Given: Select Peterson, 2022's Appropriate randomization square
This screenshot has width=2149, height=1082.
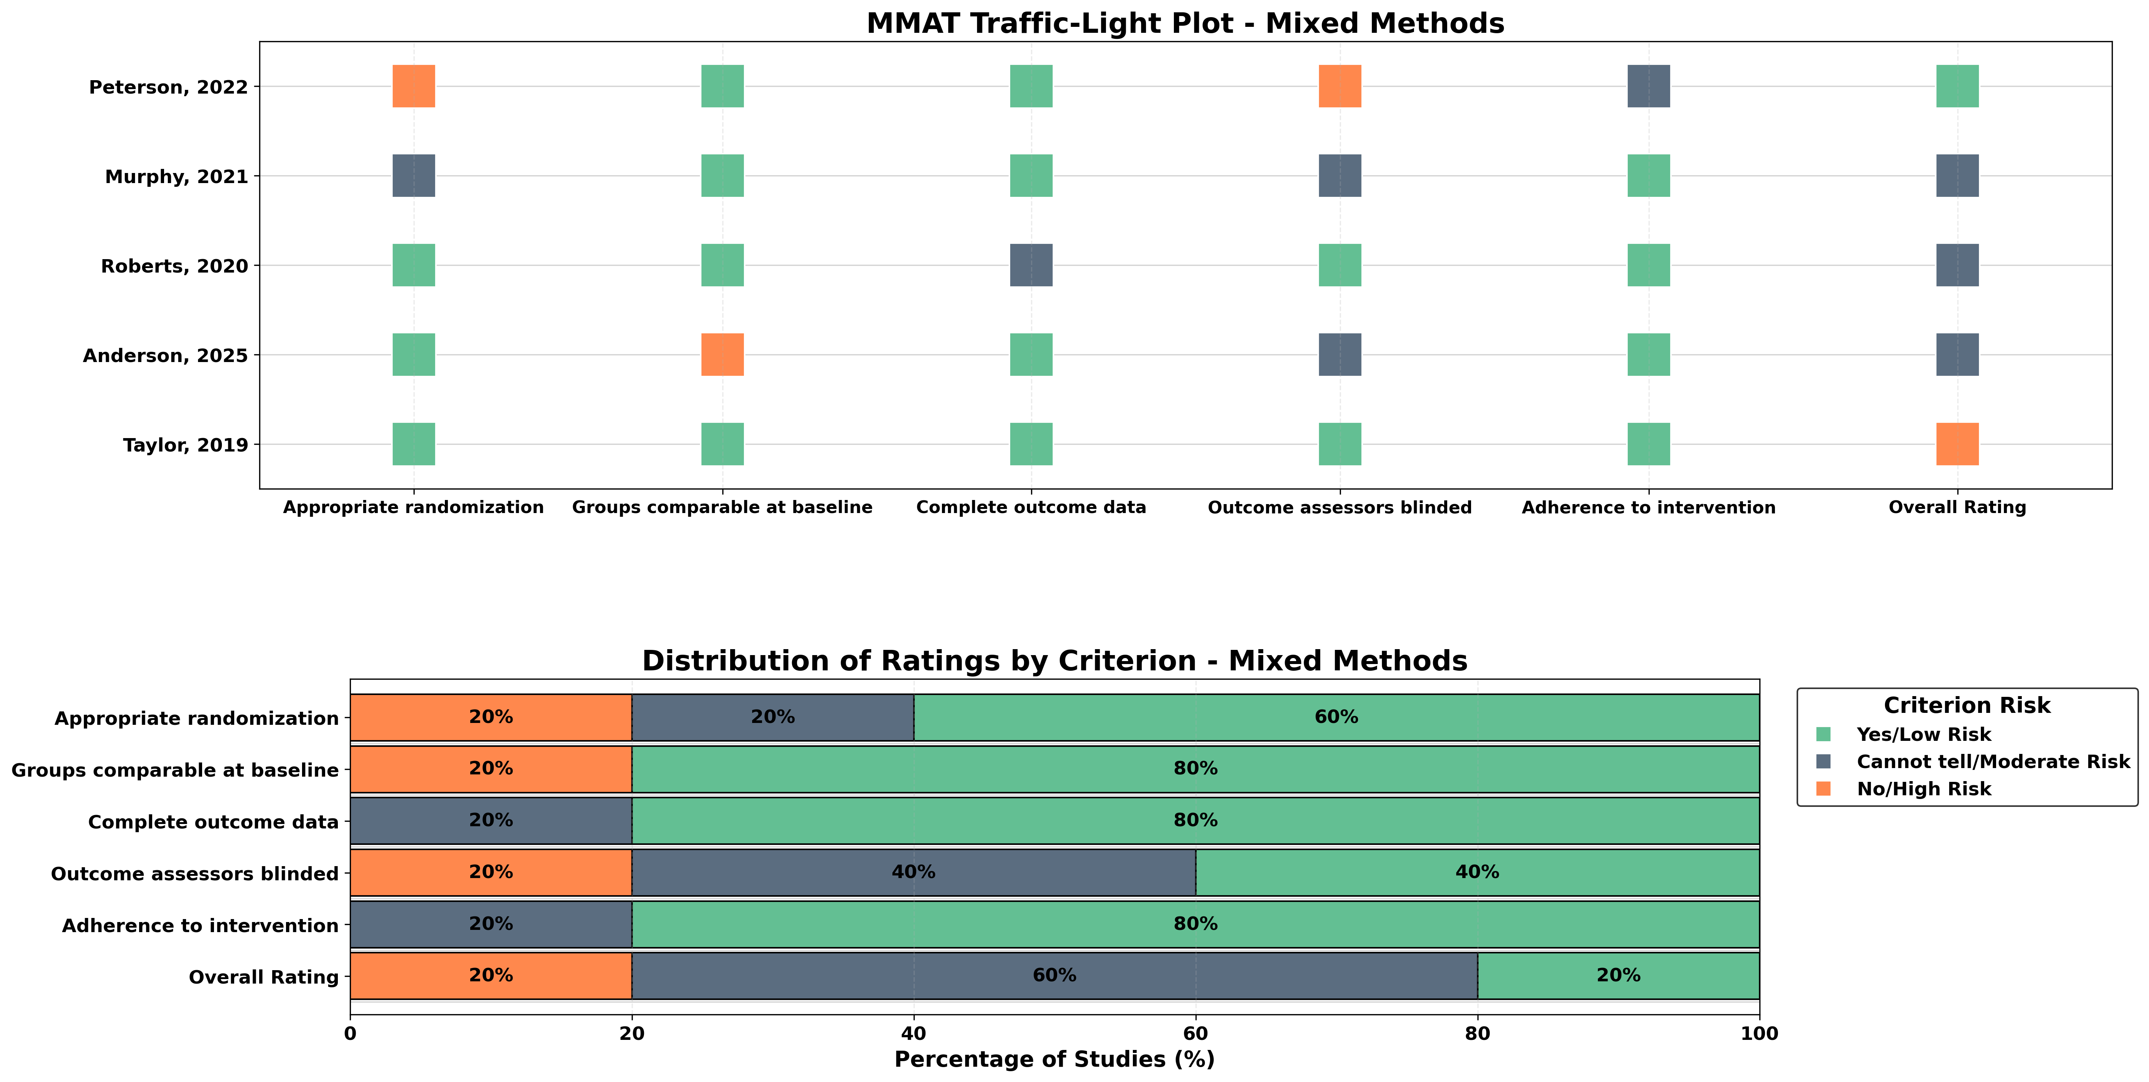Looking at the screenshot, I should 414,86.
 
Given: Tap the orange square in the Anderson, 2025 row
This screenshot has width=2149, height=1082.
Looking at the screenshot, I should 722,355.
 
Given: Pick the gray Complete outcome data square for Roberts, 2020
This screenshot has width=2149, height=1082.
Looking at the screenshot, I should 1031,265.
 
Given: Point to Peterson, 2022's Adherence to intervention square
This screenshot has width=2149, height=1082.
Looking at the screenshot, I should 1649,86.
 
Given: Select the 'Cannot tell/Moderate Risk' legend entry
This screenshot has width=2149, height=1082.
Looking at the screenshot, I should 1992,762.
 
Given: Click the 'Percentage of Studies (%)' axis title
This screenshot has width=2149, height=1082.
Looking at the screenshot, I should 1055,1060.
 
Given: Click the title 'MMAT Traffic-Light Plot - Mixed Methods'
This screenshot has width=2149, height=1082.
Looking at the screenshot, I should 1185,23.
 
